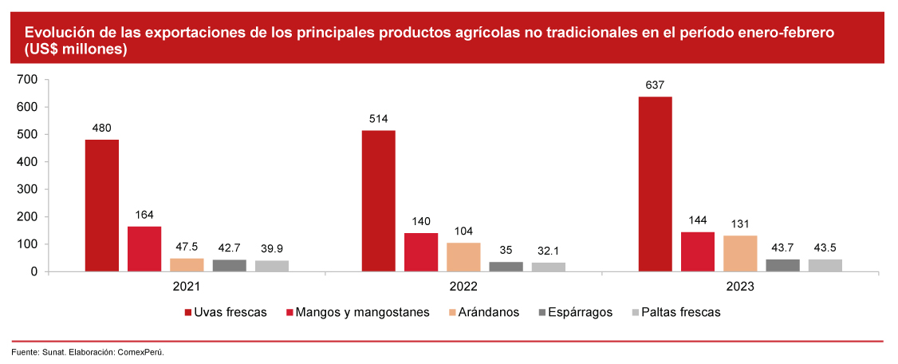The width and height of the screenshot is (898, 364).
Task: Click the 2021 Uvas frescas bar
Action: [x=102, y=206]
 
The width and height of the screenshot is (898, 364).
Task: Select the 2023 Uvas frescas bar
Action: [x=655, y=184]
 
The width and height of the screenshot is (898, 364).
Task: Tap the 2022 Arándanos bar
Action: [x=463, y=257]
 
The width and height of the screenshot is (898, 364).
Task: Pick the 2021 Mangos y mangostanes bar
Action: [x=144, y=249]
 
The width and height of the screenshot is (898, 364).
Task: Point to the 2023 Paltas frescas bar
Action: [x=825, y=265]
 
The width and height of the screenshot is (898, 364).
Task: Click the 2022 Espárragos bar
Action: [x=506, y=267]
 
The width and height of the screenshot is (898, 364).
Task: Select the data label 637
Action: [x=655, y=85]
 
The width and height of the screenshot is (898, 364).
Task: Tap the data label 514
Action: [x=378, y=119]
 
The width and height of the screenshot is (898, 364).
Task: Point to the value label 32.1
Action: [x=548, y=251]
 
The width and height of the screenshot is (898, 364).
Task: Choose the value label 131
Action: [x=740, y=224]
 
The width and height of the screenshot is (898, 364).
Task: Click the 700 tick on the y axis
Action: [x=27, y=79]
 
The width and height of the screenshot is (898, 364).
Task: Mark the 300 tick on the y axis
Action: [x=27, y=189]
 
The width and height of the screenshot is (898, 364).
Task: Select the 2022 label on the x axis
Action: [x=463, y=286]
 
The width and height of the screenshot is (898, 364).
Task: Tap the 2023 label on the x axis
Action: [x=740, y=286]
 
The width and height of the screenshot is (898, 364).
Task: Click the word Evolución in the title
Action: [x=57, y=33]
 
